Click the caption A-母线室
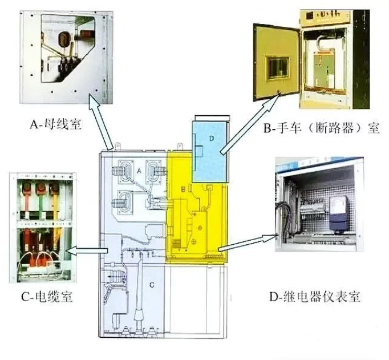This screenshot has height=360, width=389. point(55,124)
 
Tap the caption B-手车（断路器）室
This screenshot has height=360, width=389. point(322,128)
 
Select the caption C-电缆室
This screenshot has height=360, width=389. point(47,296)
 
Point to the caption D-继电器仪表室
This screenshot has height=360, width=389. point(315,297)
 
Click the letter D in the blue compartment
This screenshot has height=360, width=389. point(212,138)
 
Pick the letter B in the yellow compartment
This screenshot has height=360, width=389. point(183,189)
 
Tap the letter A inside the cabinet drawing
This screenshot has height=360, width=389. point(139,171)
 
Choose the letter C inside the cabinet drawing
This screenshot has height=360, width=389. point(152,285)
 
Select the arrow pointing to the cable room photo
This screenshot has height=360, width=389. point(87,250)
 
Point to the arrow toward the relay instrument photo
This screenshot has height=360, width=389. point(248,242)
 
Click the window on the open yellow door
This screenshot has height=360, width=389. point(278,67)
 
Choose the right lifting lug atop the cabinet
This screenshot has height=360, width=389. point(180,146)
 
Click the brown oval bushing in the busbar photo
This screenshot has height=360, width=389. point(64,39)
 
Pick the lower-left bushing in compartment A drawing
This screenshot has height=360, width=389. point(121,201)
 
